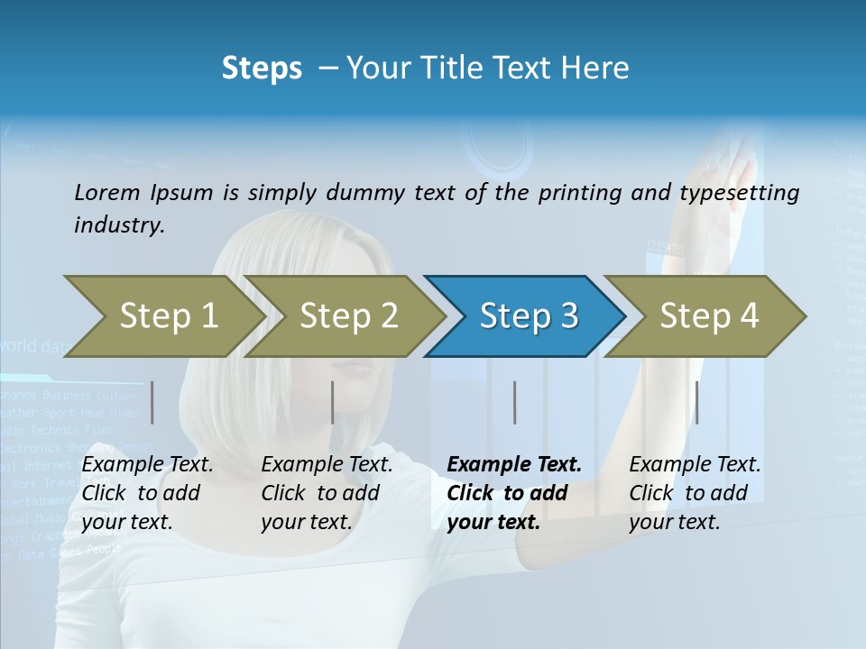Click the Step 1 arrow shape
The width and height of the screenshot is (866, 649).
coord(168,316)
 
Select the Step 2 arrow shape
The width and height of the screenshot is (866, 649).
coord(348,316)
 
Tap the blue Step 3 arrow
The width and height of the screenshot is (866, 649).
coord(528,316)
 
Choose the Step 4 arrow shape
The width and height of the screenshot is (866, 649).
coord(709,316)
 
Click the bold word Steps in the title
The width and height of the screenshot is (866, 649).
coord(262,68)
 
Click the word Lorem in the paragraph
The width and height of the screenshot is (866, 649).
coord(107,192)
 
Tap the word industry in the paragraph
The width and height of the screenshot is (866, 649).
coord(119,224)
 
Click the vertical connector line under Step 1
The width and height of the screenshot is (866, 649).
coord(152,402)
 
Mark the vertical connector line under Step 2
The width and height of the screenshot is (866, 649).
coord(333,402)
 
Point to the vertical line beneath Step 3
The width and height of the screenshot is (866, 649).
coord(514,402)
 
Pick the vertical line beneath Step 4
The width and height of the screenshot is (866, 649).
coord(696,402)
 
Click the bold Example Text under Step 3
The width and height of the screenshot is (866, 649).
coord(514,464)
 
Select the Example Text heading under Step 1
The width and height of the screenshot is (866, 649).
coord(147,464)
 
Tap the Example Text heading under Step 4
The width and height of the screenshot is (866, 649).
coord(695,464)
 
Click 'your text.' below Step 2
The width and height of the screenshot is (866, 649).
coord(307,522)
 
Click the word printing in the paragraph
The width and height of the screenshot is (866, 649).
coord(576,192)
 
